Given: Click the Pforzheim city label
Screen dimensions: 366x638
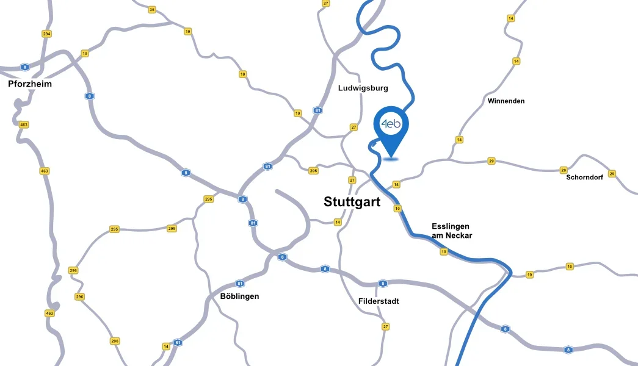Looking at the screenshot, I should pyautogui.click(x=30, y=84).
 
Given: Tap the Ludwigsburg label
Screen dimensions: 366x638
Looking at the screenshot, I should pyautogui.click(x=363, y=88).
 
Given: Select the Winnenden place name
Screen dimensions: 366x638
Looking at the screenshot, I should pyautogui.click(x=506, y=101).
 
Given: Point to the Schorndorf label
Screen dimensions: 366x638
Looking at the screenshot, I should pyautogui.click(x=585, y=178).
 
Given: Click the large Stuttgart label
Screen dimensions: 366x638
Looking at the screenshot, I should pyautogui.click(x=352, y=202).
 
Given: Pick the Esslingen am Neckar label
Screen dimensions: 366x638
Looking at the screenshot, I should pyautogui.click(x=452, y=231).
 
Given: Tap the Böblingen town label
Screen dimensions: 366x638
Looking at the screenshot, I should pyautogui.click(x=239, y=296).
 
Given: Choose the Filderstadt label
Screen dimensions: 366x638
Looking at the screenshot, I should pyautogui.click(x=379, y=301).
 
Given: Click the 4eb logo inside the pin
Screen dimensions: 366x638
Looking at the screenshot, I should pyautogui.click(x=391, y=124).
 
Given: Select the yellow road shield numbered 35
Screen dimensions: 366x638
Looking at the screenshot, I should pyautogui.click(x=152, y=9).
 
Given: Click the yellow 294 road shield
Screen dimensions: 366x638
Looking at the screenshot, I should pyautogui.click(x=46, y=34).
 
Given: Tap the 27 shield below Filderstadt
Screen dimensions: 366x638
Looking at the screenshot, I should pyautogui.click(x=385, y=327).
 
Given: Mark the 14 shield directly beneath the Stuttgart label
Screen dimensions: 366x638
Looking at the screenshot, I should pyautogui.click(x=338, y=222).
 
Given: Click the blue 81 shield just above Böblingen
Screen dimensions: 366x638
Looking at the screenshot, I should pyautogui.click(x=240, y=284).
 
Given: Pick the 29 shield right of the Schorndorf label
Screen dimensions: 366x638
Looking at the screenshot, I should pyautogui.click(x=612, y=174).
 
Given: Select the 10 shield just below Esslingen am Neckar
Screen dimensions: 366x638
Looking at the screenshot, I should pyautogui.click(x=443, y=251).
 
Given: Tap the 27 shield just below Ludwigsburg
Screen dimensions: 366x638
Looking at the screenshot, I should pyautogui.click(x=353, y=127).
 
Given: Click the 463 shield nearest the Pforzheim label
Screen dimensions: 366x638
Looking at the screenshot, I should pyautogui.click(x=24, y=124).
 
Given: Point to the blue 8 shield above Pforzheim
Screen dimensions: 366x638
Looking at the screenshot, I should pyautogui.click(x=24, y=67).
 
